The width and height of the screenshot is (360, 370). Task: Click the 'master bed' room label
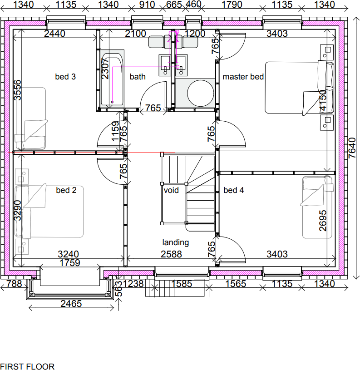click(x=243, y=77)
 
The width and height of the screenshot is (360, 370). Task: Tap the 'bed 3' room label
click(x=65, y=77)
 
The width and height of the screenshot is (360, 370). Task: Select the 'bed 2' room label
click(x=66, y=190)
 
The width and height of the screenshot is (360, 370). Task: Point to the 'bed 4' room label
click(x=234, y=190)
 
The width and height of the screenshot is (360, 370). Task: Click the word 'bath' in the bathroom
click(x=138, y=77)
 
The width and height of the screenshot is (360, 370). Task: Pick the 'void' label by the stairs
click(x=172, y=190)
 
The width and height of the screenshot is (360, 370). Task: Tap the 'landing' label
click(x=176, y=242)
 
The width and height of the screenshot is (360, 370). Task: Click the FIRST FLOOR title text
click(x=27, y=366)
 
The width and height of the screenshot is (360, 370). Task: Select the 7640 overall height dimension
click(x=353, y=148)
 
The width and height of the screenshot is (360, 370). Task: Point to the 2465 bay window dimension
click(x=71, y=304)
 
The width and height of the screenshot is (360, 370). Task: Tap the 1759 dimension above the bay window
click(x=69, y=263)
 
